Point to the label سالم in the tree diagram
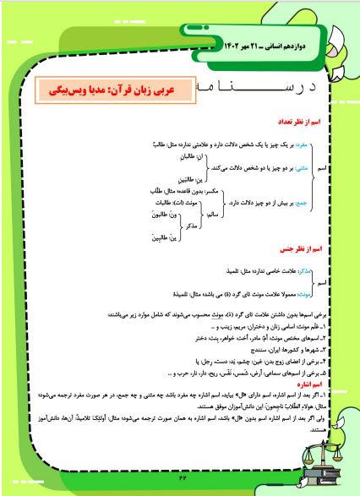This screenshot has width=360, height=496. coord(215,215)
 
